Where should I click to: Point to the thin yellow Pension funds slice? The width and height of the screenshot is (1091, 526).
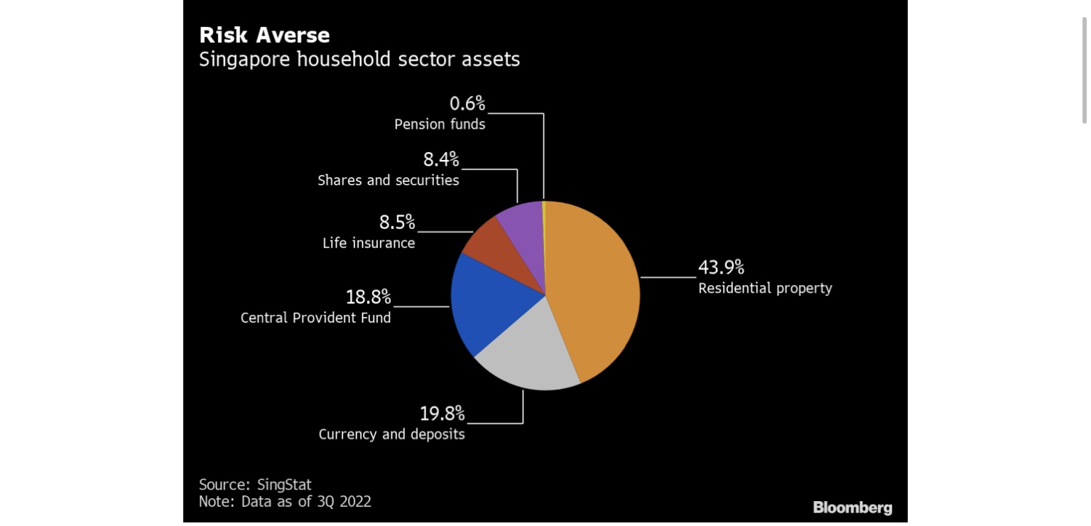543,213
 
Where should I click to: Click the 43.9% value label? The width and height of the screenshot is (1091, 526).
721,267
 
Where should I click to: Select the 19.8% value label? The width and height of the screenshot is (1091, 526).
442,413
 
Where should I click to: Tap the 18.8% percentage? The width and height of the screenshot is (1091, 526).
368,296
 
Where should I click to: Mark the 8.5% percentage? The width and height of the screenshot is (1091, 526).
396,222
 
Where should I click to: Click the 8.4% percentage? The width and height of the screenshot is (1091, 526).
441,159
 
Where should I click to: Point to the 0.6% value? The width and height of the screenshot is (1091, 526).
467,104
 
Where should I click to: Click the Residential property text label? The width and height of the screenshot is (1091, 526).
765,288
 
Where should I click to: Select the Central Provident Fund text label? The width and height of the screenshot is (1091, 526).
315,318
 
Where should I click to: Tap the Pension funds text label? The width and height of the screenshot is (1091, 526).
440,124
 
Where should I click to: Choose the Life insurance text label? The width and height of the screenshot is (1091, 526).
369,243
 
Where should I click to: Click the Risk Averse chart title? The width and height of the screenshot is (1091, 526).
264,35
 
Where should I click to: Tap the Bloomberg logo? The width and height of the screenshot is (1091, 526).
852,508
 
